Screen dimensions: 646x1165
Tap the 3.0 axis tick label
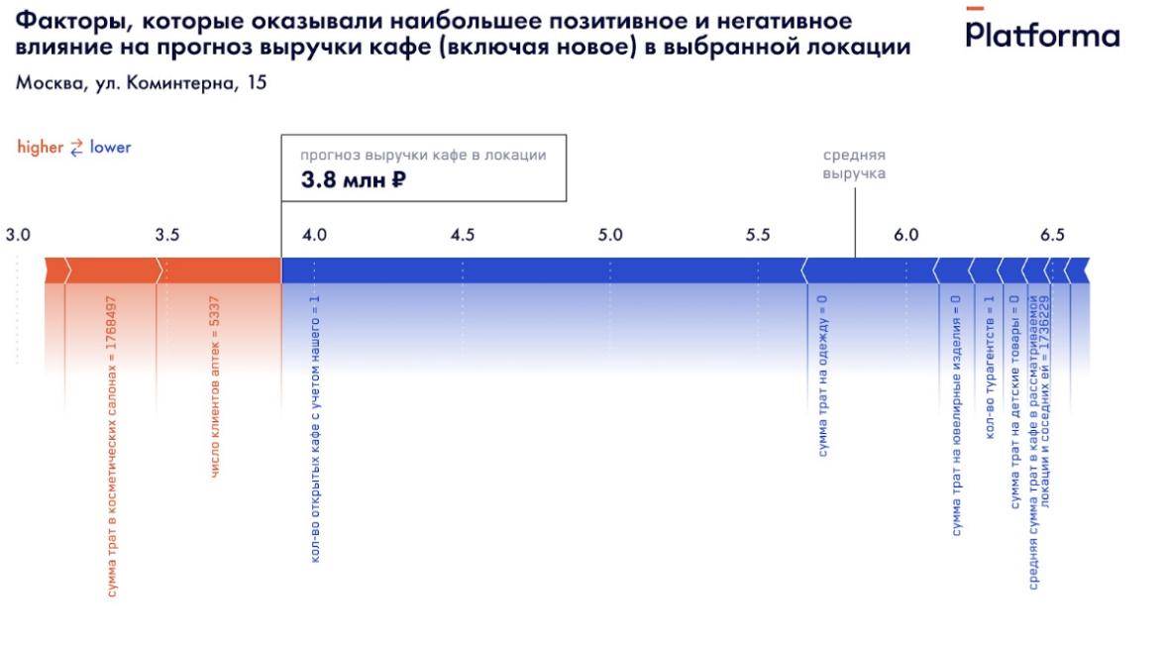point(18,235)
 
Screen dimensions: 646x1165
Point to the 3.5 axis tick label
point(167,235)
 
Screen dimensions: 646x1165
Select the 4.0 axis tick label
point(314,235)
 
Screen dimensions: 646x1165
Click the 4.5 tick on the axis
point(462,235)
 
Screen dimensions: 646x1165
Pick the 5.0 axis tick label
point(610,235)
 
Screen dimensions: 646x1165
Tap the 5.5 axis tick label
point(758,235)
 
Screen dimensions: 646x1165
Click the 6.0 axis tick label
point(906,235)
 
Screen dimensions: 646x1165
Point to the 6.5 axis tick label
point(1052,235)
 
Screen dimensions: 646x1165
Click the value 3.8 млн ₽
point(354,180)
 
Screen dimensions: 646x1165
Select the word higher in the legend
point(40,148)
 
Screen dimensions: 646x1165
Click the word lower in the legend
point(110,148)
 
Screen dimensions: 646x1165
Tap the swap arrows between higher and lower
point(76,148)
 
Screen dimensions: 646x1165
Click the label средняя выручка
point(854,164)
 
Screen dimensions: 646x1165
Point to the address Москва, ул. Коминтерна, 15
point(141,83)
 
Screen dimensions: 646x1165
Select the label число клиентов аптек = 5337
point(215,387)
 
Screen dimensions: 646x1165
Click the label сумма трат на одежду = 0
point(822,376)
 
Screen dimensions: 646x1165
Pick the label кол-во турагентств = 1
point(988,368)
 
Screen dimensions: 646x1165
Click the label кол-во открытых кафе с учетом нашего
point(315,428)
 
